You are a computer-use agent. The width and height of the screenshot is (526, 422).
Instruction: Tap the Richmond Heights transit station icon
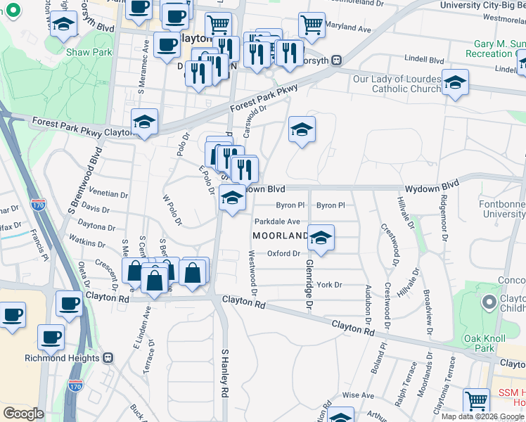point(108,357)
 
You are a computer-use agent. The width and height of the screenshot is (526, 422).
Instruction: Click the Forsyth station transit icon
point(338,60)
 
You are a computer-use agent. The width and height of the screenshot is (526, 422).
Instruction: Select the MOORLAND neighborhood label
point(280,235)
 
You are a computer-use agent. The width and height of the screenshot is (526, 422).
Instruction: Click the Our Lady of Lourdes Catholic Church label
point(397,84)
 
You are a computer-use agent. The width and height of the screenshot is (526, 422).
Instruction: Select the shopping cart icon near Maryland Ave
point(312,25)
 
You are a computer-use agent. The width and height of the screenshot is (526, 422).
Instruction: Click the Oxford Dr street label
point(283,253)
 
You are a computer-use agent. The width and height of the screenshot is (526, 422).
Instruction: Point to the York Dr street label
point(328,285)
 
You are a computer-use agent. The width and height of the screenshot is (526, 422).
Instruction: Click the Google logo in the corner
point(24,414)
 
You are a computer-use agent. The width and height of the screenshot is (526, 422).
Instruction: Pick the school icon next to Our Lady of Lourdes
point(455,82)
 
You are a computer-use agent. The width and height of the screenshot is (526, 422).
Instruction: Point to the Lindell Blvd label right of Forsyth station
point(425,60)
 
